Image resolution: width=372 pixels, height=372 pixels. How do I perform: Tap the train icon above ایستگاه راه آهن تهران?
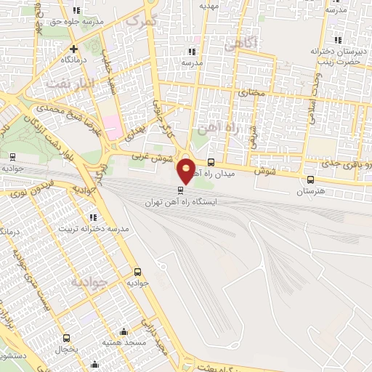click(x=181, y=190)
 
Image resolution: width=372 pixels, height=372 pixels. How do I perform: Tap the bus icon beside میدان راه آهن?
click(x=211, y=163)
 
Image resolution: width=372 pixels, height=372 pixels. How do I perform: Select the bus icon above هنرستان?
click(x=311, y=180)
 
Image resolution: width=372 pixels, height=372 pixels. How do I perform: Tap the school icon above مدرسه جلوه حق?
click(x=77, y=11)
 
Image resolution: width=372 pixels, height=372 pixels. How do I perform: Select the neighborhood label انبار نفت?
click(x=70, y=83)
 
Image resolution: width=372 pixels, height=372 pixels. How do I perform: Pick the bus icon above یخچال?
click(x=67, y=338)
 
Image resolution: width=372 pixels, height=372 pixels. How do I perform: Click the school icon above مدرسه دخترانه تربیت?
click(x=92, y=217)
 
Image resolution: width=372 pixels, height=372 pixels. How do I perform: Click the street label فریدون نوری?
click(x=33, y=200)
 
